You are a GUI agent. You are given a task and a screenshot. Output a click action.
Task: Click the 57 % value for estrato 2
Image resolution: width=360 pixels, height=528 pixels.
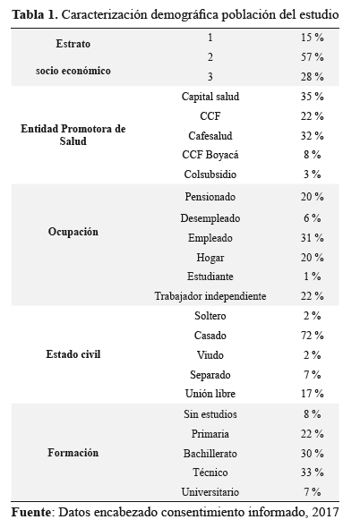(x=313, y=57)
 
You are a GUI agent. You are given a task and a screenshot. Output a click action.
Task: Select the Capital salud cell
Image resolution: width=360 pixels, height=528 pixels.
(x=210, y=97)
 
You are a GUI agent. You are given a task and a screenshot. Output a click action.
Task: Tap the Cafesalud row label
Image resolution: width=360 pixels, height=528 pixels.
(x=210, y=136)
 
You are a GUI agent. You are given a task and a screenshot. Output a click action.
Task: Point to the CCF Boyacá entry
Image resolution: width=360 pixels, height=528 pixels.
(x=210, y=155)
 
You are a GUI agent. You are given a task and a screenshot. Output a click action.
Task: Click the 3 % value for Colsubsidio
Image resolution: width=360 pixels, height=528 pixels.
(x=313, y=175)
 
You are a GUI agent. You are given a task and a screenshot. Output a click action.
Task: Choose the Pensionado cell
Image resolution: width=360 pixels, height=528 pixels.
(x=210, y=197)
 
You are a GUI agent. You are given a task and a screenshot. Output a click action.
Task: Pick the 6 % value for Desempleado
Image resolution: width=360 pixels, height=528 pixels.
(x=313, y=217)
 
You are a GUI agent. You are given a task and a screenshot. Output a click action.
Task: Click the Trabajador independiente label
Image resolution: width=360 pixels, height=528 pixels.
(x=210, y=296)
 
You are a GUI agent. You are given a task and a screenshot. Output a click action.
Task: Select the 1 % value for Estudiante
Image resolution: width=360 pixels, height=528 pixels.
(x=313, y=277)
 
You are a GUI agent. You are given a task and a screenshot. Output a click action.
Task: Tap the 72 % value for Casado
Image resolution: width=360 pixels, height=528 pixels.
(x=313, y=336)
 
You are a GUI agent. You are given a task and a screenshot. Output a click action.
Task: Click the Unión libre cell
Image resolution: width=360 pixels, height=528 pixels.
(x=210, y=393)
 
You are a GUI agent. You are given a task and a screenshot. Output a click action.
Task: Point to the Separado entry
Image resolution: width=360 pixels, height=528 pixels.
(x=210, y=375)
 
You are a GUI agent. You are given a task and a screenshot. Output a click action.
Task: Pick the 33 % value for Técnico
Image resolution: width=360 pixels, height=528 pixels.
(x=313, y=473)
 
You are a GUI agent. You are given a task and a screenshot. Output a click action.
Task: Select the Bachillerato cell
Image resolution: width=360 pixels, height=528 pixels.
(x=210, y=453)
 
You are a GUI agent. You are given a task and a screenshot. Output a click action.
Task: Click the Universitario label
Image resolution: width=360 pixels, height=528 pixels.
(x=210, y=492)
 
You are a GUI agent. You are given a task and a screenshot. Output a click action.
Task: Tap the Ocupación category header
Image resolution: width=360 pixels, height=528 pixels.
(x=73, y=232)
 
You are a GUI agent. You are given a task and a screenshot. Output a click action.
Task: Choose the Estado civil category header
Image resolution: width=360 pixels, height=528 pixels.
(x=73, y=354)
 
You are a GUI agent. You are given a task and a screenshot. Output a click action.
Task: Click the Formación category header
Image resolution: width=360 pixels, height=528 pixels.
(x=73, y=453)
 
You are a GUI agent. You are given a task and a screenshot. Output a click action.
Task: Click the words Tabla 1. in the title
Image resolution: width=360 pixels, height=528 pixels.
(x=35, y=15)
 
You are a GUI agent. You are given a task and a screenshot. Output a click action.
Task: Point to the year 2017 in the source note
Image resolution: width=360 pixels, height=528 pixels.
(x=325, y=512)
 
